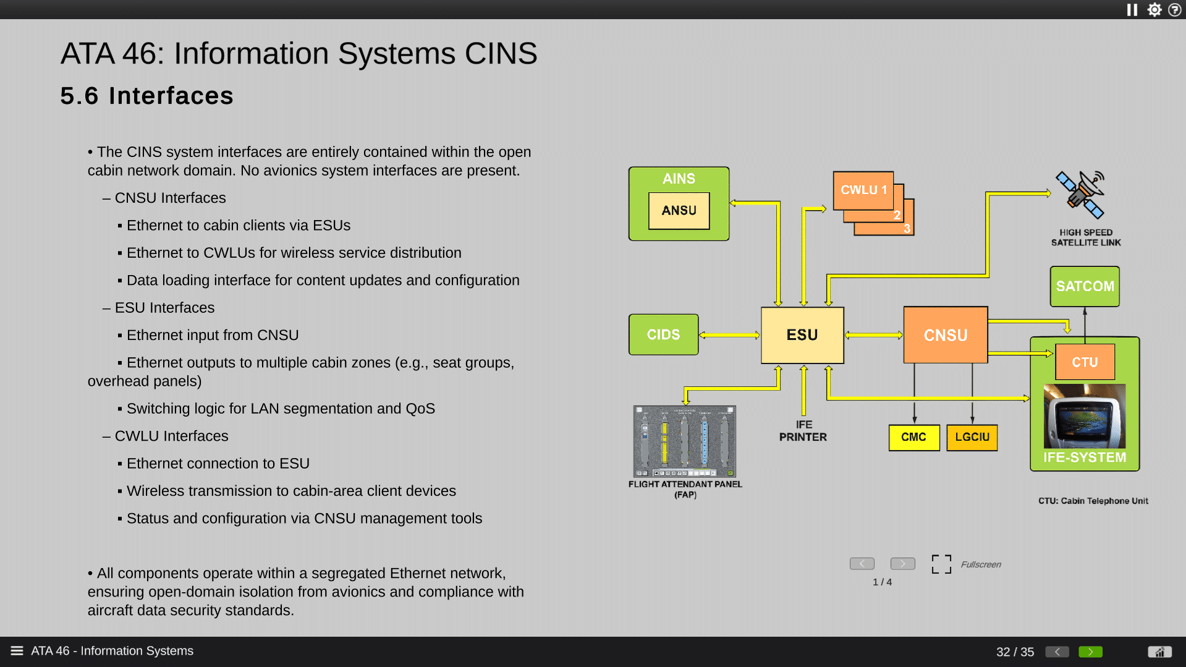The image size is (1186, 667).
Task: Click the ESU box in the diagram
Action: coord(802,335)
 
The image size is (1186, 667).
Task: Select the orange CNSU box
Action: coord(945,335)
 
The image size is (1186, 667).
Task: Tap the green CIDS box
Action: coord(663,334)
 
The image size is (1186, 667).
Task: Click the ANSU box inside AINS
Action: coord(679,211)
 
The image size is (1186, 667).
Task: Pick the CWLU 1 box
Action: coord(863,190)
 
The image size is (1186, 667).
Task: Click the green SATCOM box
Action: coord(1085,286)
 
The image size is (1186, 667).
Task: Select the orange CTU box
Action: coord(1085,362)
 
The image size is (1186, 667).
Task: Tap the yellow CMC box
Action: coord(913,437)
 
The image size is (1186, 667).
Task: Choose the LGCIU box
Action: coord(972,437)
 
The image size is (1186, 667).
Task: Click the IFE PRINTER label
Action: coord(803,431)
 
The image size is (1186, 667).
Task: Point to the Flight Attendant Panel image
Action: coord(684,441)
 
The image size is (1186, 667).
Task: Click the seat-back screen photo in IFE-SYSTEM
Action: coord(1084,416)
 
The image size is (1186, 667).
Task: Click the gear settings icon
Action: coord(1154,10)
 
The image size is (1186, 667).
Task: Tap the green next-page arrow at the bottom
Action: coord(1090,652)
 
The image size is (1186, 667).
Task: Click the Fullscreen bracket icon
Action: coord(941,564)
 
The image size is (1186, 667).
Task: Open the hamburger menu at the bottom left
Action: coord(17,651)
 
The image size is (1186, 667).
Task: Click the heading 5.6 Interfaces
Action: coord(146,96)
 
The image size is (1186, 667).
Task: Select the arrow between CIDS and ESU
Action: coord(729,335)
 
